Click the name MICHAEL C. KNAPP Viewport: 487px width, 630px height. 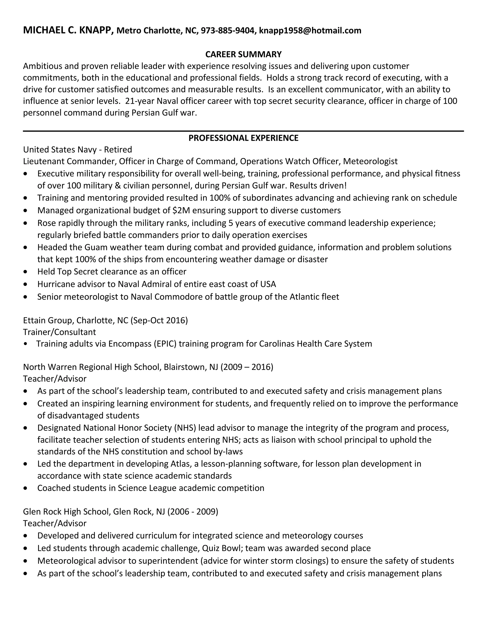coord(68,30)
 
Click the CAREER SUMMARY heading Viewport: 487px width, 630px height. coord(243,54)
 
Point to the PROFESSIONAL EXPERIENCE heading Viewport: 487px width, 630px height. coord(243,138)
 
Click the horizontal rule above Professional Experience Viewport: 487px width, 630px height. coord(243,131)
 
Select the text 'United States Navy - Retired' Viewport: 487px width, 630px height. coord(77,150)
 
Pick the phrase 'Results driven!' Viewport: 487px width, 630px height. coord(318,185)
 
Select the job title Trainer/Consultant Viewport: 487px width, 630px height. coord(59,332)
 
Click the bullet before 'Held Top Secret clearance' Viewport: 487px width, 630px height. coord(26,272)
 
